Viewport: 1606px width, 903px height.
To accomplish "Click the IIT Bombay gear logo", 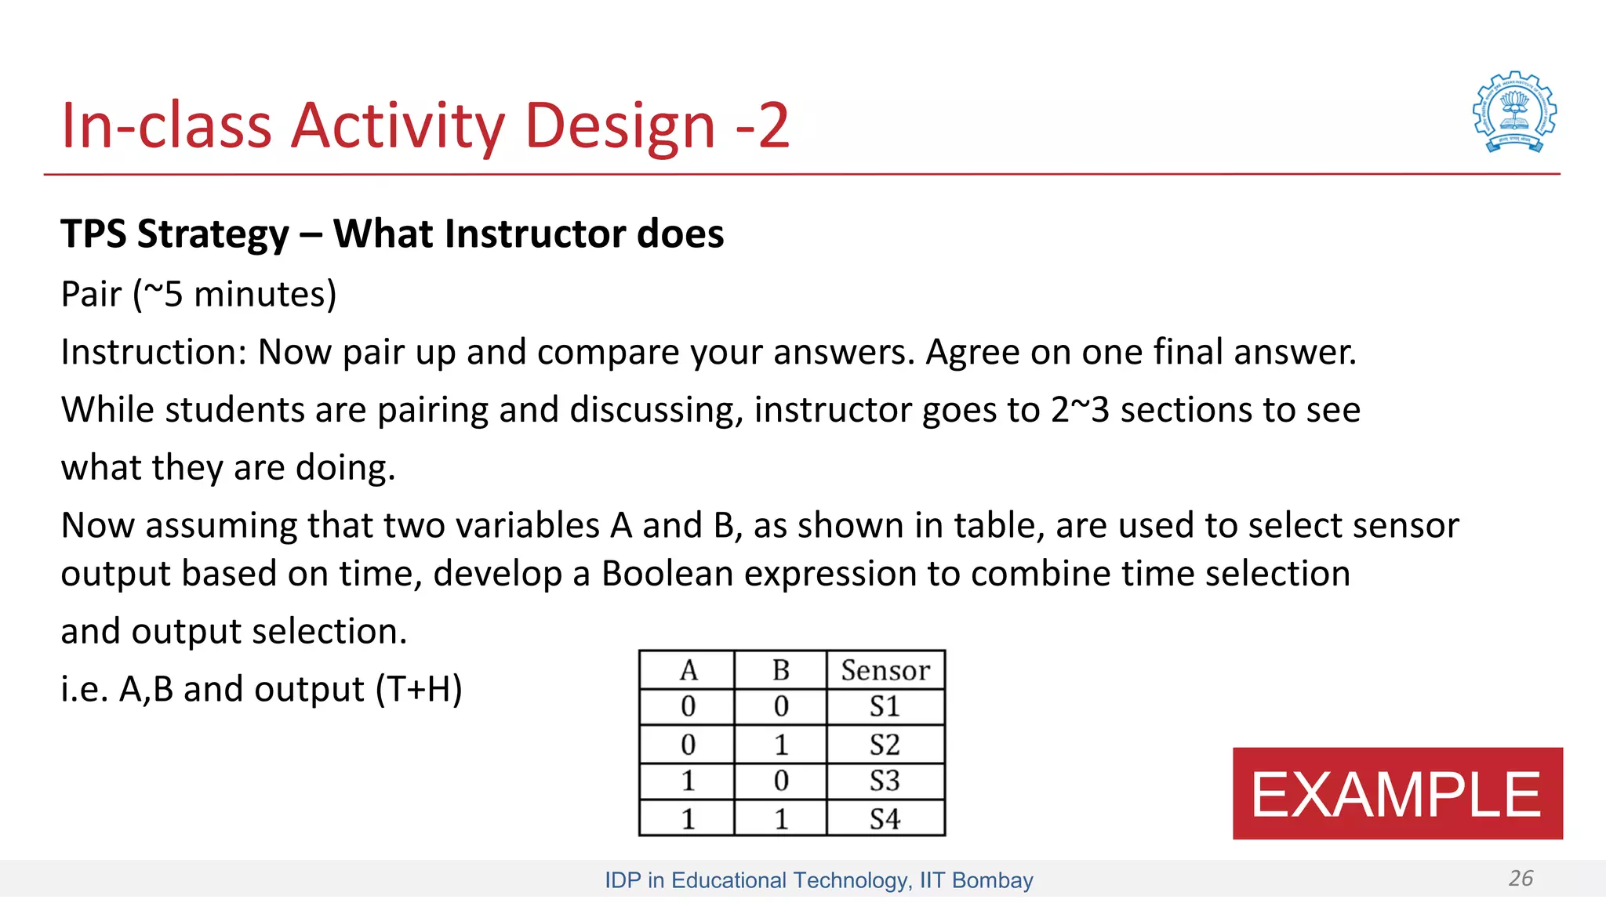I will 1514,112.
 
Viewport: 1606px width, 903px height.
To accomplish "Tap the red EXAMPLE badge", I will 1397,793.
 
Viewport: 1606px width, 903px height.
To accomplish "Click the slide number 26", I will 1521,878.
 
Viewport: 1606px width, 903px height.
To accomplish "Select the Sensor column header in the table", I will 885,670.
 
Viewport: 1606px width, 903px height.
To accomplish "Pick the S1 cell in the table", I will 885,706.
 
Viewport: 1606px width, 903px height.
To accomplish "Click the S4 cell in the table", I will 885,819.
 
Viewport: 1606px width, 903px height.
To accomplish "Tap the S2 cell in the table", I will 885,744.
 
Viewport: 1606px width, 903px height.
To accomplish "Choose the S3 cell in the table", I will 885,781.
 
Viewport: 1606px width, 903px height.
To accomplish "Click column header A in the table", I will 688,670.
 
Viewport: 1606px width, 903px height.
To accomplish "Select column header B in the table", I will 780,670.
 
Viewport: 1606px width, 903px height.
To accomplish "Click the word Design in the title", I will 620,125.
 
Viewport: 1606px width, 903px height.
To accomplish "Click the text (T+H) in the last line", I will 419,690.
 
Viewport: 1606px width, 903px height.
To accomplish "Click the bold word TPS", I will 93,234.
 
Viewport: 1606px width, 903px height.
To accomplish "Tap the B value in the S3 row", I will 780,781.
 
